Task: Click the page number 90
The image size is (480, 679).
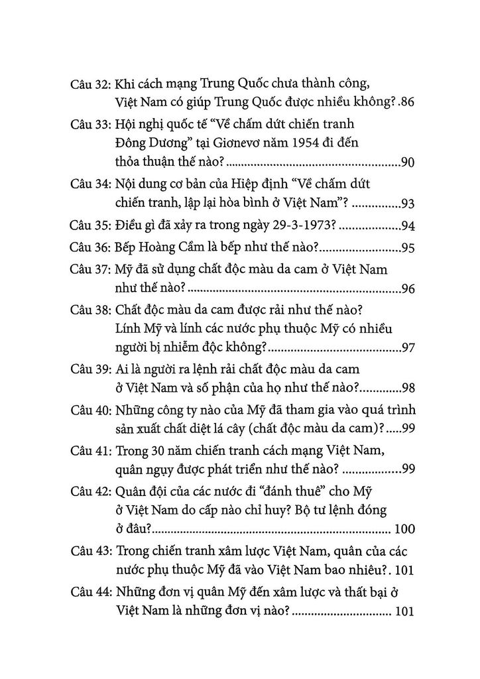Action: tap(408, 163)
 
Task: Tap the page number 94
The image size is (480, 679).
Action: tap(408, 226)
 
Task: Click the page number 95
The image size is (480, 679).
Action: tap(408, 249)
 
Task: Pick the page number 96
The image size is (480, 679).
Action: tap(408, 289)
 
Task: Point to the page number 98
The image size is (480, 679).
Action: tap(408, 387)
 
